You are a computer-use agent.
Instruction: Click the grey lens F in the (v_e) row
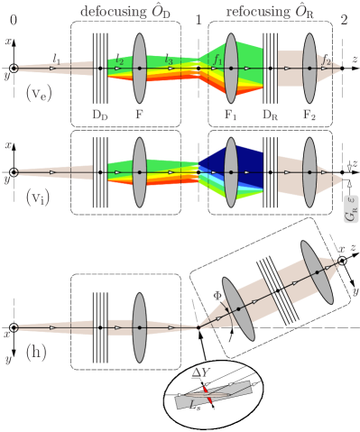pos(139,69)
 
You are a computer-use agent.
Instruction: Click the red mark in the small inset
pos(208,395)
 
